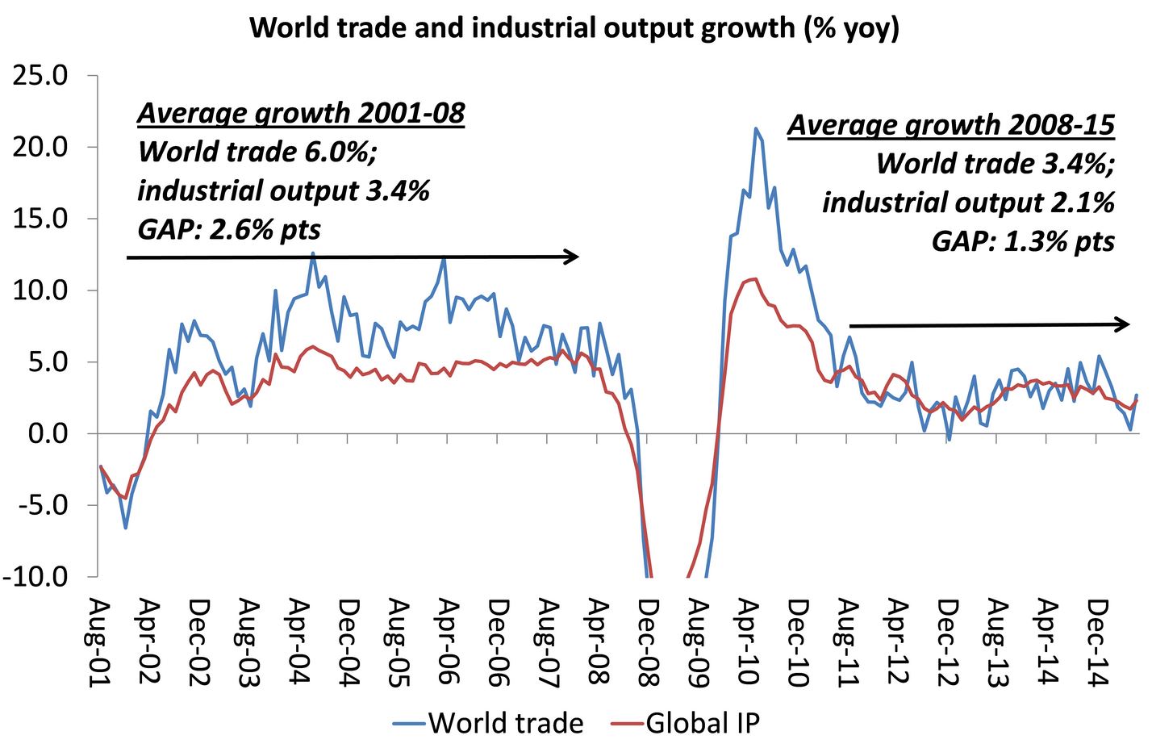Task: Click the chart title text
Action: click(x=574, y=27)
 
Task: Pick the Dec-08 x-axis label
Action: click(x=648, y=642)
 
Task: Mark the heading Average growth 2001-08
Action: click(x=301, y=113)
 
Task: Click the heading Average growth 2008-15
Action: click(x=951, y=125)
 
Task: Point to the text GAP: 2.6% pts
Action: click(x=229, y=230)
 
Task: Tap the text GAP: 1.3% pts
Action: click(x=1023, y=241)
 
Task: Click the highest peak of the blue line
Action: click(x=755, y=128)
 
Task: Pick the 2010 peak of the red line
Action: click(x=754, y=279)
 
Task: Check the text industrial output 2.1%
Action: click(x=968, y=203)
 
